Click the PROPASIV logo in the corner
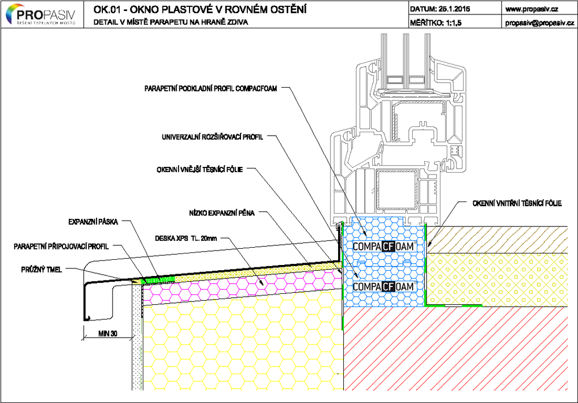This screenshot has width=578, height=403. coord(41,14)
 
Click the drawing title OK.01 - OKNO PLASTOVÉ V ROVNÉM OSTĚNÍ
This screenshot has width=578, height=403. coord(200,9)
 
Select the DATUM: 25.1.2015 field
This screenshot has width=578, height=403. coord(440,9)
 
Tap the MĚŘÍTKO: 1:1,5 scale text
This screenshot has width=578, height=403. coord(435,23)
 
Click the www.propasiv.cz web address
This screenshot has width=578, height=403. coord(532,9)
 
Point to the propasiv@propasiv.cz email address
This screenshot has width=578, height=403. coord(540,23)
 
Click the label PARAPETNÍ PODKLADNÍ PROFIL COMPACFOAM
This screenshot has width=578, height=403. coord(210,88)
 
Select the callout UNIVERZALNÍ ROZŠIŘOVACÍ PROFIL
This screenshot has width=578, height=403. coord(213,137)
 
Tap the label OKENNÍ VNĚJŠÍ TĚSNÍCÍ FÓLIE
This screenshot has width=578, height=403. coord(200,169)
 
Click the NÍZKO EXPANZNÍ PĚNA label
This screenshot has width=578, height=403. coord(222,213)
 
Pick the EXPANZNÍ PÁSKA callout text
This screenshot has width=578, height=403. coord(93,222)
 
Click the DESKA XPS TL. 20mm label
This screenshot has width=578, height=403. coord(186,238)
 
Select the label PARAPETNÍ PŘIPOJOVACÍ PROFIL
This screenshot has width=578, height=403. coord(61,247)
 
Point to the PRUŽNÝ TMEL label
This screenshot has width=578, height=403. coord(42,270)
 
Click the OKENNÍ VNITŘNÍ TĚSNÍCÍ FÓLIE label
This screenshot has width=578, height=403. coord(517,203)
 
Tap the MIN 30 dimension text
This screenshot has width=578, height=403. coord(108,333)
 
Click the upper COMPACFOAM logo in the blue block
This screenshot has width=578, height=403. coord(383,246)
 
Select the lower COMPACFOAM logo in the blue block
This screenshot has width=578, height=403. coord(383,286)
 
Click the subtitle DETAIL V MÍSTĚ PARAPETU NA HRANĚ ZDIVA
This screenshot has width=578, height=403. coord(171,23)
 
